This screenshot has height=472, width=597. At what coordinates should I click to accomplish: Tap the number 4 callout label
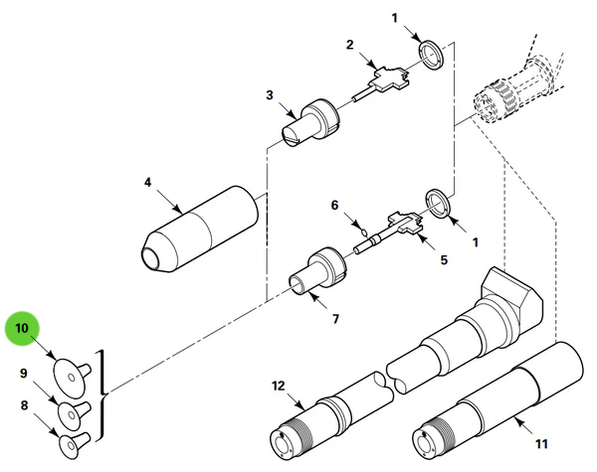pyautogui.click(x=147, y=183)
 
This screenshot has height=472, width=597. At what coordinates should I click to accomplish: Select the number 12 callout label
pyautogui.click(x=279, y=385)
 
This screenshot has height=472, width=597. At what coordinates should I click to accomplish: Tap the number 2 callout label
pyautogui.click(x=350, y=45)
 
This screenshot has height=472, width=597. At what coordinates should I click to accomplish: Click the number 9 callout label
pyautogui.click(x=23, y=374)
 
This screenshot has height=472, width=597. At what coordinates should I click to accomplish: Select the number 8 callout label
pyautogui.click(x=23, y=405)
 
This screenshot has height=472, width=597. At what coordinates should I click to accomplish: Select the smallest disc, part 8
pyautogui.click(x=71, y=440)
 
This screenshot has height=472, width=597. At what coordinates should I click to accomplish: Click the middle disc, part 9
pyautogui.click(x=71, y=410)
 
